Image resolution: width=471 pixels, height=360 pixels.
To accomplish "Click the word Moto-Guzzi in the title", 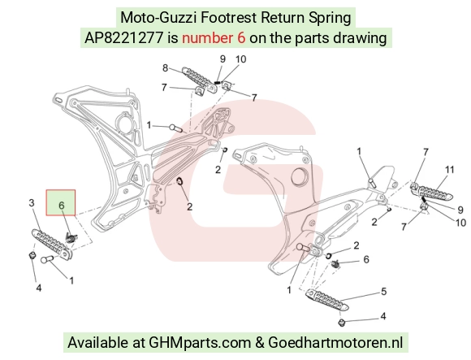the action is click(158, 18).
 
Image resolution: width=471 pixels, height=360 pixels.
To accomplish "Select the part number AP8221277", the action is click(123, 38).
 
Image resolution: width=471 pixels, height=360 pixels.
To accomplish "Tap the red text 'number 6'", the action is click(214, 38).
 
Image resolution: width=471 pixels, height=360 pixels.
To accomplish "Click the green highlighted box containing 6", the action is click(61, 202).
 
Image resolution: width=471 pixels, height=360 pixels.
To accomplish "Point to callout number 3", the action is click(32, 203).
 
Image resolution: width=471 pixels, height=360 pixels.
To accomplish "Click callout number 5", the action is click(383, 292).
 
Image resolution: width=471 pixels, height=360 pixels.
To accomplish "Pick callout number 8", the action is click(165, 68).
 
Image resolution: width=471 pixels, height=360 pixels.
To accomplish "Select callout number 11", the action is click(449, 170).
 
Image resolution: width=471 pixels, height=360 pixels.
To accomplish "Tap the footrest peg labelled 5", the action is click(327, 299).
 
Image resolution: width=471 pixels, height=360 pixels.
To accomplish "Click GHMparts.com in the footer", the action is click(200, 343).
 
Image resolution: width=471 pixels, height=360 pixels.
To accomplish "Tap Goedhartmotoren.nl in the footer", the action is click(335, 343).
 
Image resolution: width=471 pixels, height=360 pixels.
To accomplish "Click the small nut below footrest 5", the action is click(341, 323).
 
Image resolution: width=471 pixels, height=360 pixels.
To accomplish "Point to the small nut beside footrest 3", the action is click(32, 256).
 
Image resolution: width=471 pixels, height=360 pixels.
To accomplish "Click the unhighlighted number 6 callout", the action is click(366, 259).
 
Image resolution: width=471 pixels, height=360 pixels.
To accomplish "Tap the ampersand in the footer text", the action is click(259, 343).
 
